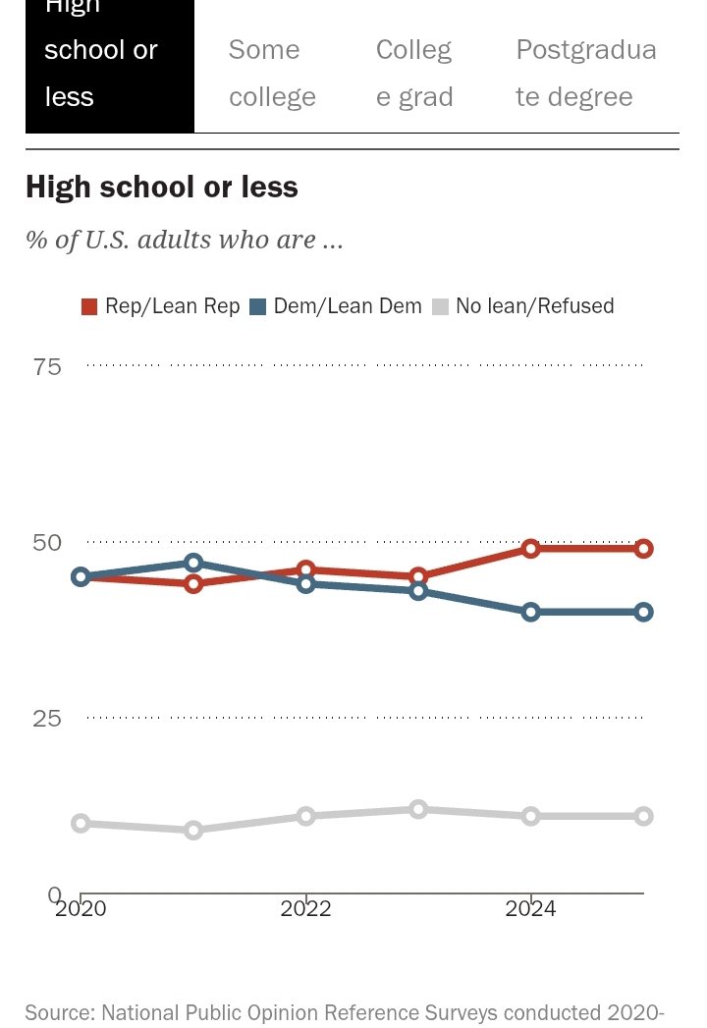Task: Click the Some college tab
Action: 272,73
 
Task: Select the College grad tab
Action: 414,73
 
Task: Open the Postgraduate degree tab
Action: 585,73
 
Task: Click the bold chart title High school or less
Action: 162,187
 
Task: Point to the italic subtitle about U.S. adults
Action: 185,240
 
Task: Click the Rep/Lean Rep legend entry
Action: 161,306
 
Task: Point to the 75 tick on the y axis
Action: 47,367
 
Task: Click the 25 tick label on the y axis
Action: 47,719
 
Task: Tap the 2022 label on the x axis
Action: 305,909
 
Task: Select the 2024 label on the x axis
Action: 530,909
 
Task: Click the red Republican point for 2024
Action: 531,549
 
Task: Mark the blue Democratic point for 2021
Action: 193,563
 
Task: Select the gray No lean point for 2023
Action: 418,809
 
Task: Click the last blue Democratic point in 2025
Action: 643,612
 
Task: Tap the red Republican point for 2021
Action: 193,584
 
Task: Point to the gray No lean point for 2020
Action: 81,823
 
